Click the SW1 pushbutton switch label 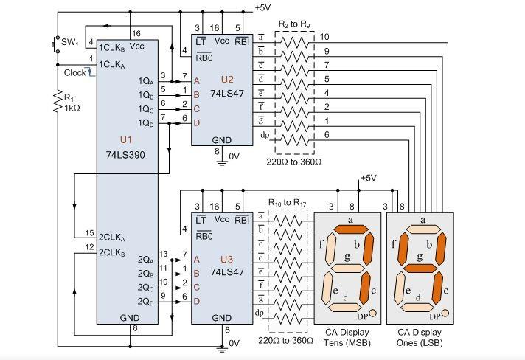click(x=69, y=43)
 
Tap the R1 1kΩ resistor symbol click(x=58, y=101)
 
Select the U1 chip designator click(x=126, y=139)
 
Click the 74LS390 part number click(x=125, y=155)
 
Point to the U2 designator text click(x=227, y=80)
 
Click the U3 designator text click(x=226, y=259)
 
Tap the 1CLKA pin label click(x=111, y=65)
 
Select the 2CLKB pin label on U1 click(x=111, y=252)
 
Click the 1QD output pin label click(x=146, y=123)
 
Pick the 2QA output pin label click(x=146, y=260)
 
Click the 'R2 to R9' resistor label click(x=294, y=24)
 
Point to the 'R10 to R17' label click(x=288, y=203)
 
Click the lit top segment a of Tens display click(x=351, y=229)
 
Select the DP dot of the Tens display click(x=372, y=313)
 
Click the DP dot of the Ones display click(x=445, y=313)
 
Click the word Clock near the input click(x=74, y=73)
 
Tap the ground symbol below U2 click(x=222, y=164)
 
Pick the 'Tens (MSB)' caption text click(x=347, y=343)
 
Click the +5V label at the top click(x=262, y=7)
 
